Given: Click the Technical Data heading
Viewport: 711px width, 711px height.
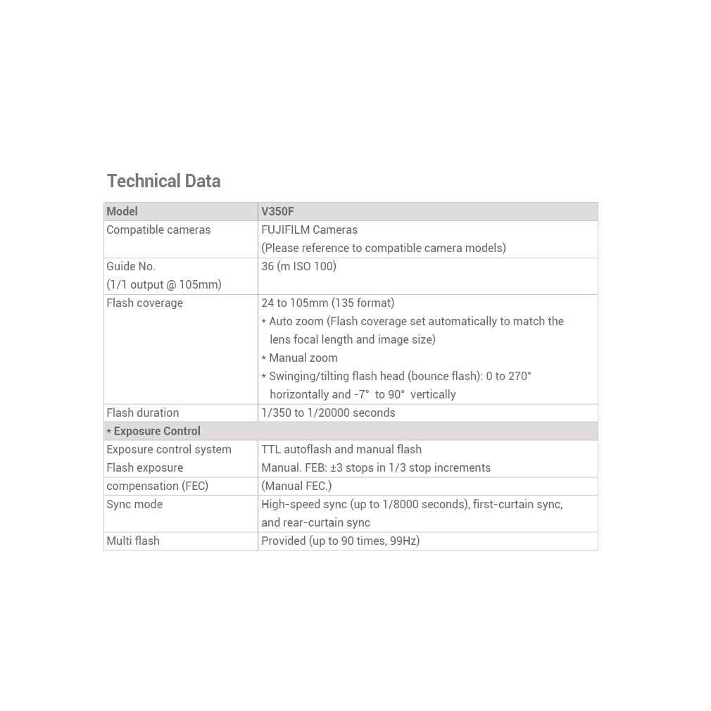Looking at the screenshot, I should [x=163, y=181].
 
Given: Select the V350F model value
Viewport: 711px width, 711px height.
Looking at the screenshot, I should [x=277, y=211].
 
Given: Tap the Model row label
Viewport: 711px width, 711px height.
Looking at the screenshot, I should [x=122, y=211].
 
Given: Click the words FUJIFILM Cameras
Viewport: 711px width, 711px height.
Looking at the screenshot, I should [x=309, y=229].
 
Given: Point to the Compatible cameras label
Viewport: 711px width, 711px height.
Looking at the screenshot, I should [x=158, y=229].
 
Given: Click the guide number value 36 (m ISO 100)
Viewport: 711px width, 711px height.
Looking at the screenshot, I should [x=298, y=266].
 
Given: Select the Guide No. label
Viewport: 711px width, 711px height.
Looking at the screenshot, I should [x=131, y=266].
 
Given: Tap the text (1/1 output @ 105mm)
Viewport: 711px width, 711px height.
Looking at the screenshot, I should [x=164, y=284].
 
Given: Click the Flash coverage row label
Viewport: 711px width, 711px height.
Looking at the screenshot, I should [x=144, y=303].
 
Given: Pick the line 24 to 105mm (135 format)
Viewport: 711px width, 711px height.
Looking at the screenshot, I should [x=327, y=303].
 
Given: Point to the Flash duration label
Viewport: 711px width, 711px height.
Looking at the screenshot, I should [x=142, y=413].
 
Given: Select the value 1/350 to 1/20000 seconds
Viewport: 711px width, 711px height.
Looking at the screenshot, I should [x=328, y=413].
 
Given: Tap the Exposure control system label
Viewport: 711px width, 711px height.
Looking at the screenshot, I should [x=169, y=449].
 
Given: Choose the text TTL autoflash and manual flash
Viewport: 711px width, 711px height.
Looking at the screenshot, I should [x=341, y=449].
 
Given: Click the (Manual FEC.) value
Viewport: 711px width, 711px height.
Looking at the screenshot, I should [x=296, y=486].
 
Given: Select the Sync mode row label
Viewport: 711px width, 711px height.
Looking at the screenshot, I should [x=134, y=504].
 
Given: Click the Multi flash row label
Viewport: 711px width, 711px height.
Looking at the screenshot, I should [x=133, y=541].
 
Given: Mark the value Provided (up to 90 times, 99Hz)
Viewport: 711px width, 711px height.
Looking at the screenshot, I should [x=340, y=541].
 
